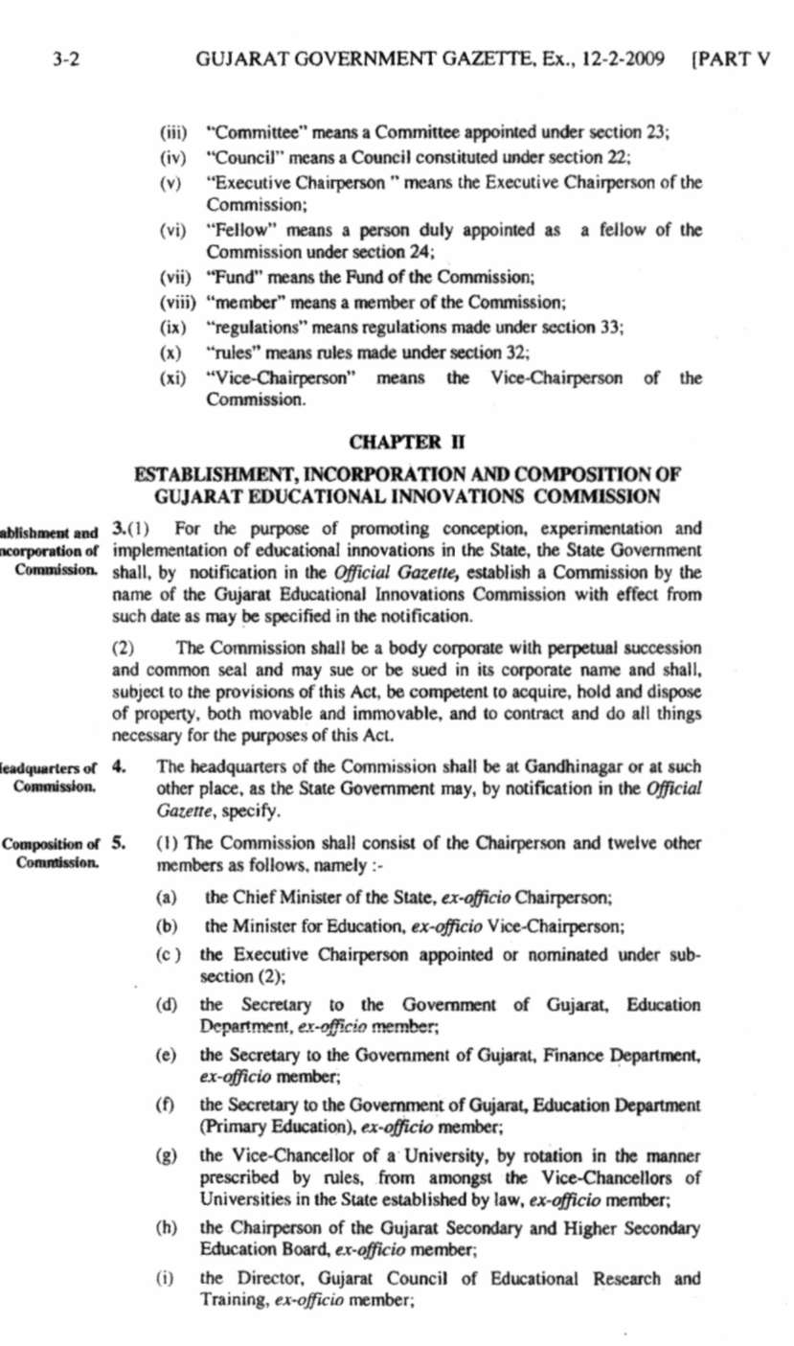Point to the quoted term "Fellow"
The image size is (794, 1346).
[236, 231]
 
